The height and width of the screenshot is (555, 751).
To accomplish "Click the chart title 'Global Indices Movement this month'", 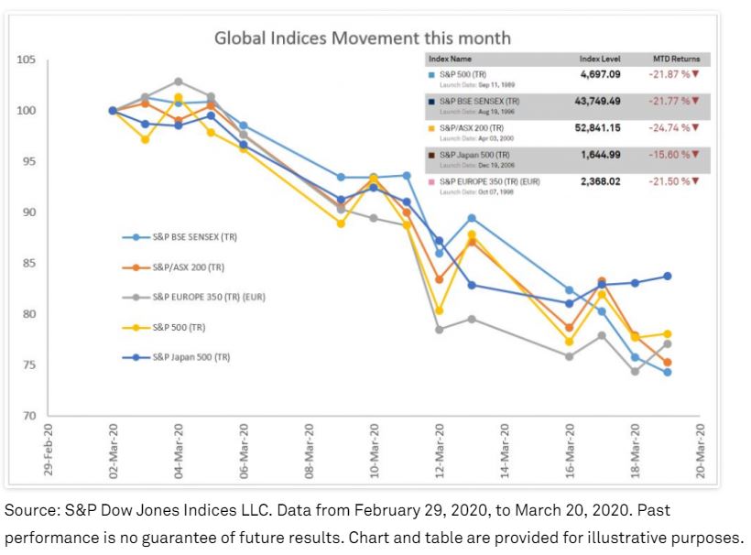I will [362, 38].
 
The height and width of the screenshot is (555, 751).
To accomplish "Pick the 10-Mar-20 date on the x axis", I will [375, 452].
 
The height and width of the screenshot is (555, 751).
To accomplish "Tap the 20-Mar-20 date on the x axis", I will [701, 452].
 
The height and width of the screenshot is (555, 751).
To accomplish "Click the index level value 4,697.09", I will [602, 73].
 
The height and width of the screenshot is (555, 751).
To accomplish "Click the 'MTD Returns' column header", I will [675, 59].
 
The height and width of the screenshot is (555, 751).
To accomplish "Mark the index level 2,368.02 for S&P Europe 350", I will [601, 181].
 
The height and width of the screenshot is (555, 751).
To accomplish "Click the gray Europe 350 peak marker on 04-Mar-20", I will [179, 82].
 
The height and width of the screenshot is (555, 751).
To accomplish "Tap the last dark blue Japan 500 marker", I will [668, 276].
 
